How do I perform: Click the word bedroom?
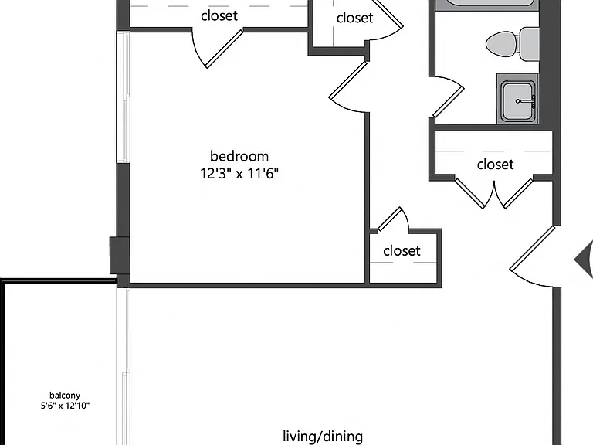239,156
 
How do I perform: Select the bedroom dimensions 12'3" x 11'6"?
239,174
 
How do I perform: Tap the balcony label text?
65,396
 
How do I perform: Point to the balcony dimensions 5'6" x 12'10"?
65,406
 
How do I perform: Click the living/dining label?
323,437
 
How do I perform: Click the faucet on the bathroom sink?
525,101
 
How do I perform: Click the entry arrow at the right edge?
584,260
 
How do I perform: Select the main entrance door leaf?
532,249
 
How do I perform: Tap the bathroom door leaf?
449,102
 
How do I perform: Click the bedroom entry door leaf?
348,80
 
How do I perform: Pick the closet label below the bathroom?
495,165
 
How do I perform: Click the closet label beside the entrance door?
402,250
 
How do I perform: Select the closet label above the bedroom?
219,15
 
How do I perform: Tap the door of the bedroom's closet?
224,49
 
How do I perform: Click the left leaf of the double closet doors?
469,193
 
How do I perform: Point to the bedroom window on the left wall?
123,97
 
